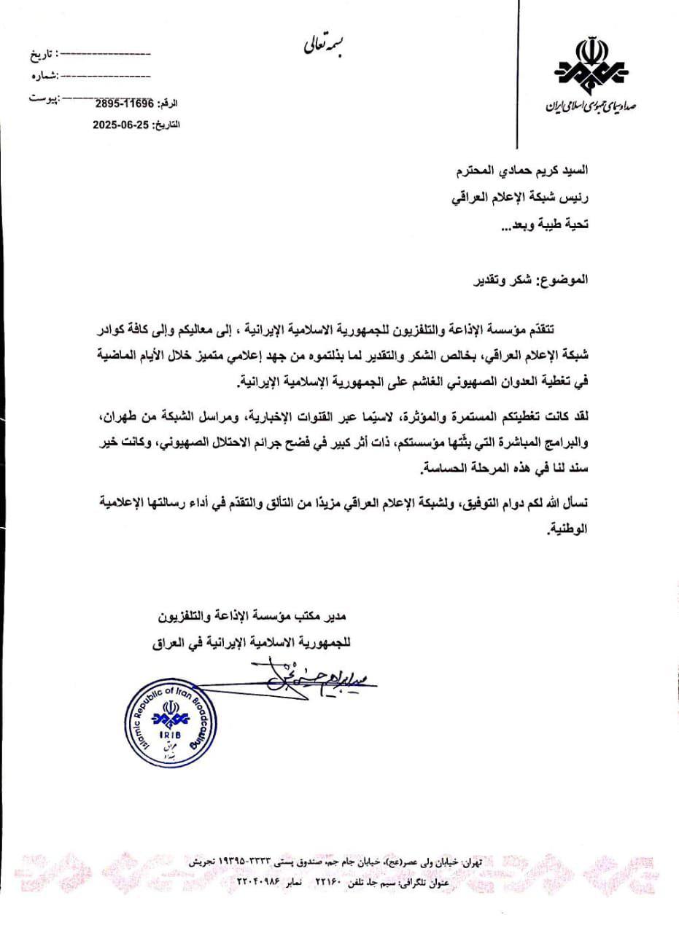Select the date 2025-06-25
pyautogui.click(x=120, y=125)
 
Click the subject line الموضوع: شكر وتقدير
pyautogui.click(x=540, y=281)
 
